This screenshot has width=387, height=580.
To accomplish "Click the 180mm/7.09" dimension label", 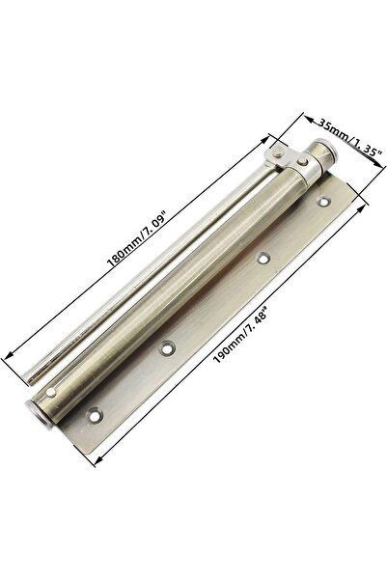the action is tap(138, 237).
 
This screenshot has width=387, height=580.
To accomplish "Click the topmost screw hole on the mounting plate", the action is tap(324, 202).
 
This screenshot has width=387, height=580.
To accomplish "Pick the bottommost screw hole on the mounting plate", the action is tap(95, 416).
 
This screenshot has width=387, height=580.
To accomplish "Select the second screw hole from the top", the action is tap(263, 259).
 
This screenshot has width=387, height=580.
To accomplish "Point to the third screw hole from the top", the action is tap(168, 348).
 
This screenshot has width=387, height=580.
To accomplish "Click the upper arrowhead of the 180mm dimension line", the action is tap(264, 141).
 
